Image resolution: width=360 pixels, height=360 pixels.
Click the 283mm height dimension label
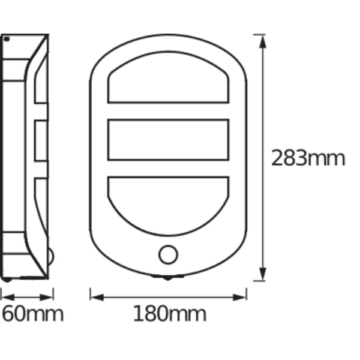(308, 158)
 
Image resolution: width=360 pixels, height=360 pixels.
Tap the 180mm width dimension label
(170, 313)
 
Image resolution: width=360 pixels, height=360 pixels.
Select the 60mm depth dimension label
(32, 313)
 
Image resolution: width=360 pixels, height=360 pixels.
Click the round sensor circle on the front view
(168, 254)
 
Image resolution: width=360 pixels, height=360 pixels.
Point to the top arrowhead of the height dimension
(263, 41)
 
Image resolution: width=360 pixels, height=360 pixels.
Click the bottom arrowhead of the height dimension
(263, 274)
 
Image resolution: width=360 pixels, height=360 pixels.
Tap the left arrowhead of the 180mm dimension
(97, 298)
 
